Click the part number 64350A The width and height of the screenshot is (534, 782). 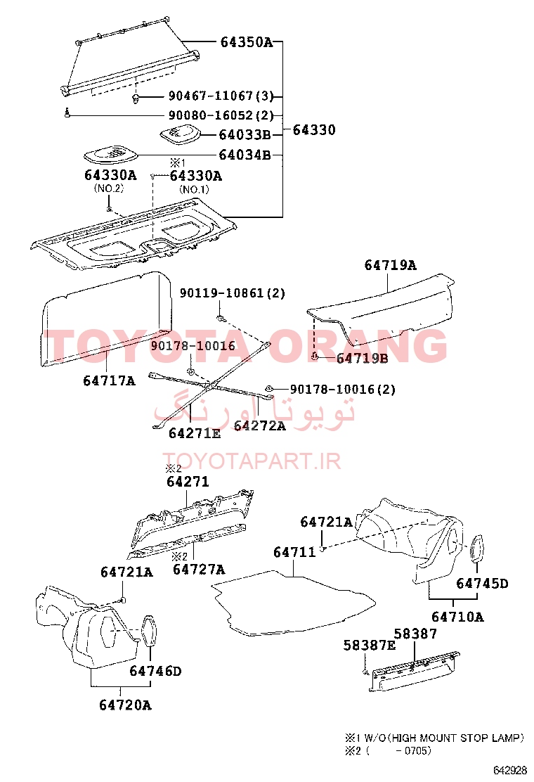(x=247, y=42)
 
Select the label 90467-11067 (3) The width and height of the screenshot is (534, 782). (x=221, y=96)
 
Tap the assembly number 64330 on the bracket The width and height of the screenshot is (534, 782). (x=314, y=129)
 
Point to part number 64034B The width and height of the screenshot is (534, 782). (x=245, y=155)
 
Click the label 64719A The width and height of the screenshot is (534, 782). (x=390, y=265)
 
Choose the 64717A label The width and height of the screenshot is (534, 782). (x=109, y=380)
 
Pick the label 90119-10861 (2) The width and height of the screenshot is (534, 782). (x=233, y=293)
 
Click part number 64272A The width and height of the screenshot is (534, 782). (x=259, y=425)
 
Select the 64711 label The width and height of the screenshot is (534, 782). (x=294, y=552)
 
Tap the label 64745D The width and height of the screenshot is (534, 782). (x=482, y=583)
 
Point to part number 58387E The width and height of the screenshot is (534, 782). (x=369, y=646)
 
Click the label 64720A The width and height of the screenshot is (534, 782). (x=125, y=705)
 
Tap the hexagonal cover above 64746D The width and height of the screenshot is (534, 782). (x=150, y=631)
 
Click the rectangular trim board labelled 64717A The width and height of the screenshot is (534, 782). (x=105, y=319)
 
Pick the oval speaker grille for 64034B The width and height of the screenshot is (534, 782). (x=110, y=155)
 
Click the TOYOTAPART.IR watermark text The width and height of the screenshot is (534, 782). (x=252, y=461)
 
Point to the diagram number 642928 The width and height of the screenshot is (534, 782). (x=509, y=770)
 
